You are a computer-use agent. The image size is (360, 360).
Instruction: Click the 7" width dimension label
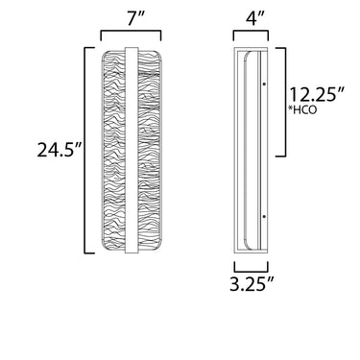coord(131,19)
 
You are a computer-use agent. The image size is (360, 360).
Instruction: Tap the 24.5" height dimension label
coord(60,150)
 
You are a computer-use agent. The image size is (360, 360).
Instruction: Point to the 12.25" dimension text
coord(317,94)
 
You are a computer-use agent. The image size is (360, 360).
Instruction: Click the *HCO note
coord(302,110)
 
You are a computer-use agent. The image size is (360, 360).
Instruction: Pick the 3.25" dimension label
coord(252,283)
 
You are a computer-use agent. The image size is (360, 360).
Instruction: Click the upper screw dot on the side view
coord(264,84)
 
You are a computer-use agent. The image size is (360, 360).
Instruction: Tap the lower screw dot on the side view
coord(264,217)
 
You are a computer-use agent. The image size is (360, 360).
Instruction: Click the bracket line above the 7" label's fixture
coord(131,31)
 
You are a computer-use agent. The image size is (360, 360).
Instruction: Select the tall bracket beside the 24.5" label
coord(84,151)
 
